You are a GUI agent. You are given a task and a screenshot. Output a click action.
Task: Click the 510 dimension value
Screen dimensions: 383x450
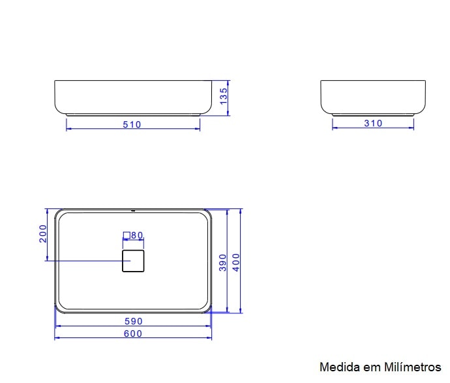[x=132, y=124]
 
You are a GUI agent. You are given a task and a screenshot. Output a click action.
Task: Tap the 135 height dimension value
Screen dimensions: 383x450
[x=223, y=96]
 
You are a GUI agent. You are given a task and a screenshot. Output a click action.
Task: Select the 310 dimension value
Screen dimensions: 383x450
[x=373, y=123]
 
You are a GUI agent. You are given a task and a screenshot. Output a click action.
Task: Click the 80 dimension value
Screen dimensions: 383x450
[x=137, y=235]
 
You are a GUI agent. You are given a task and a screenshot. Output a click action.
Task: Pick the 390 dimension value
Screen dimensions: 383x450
[x=222, y=262]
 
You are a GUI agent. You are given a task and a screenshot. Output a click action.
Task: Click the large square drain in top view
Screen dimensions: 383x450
[x=133, y=261]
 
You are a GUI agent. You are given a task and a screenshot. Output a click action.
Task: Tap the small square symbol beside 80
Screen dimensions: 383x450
[x=127, y=235]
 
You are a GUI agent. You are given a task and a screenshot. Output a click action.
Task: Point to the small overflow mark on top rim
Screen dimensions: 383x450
[x=133, y=210]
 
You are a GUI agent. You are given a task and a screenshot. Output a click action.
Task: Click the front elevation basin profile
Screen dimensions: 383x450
[x=133, y=98]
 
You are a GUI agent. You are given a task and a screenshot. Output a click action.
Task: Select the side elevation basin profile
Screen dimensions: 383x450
[x=373, y=98]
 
